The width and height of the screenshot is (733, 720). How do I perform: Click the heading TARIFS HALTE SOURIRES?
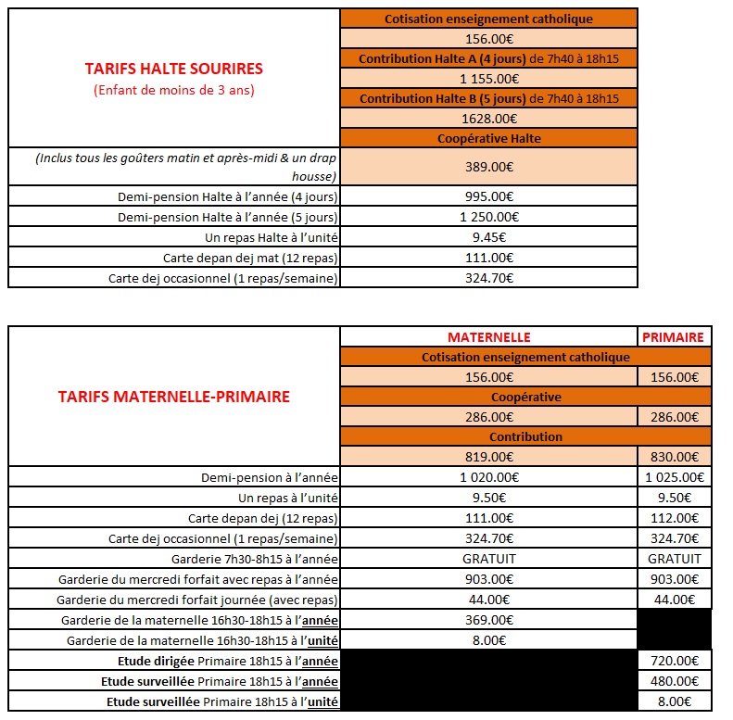pos(173,69)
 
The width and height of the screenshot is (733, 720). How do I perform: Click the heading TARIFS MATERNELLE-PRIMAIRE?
pos(173,397)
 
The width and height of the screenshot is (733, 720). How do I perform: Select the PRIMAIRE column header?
pos(674,337)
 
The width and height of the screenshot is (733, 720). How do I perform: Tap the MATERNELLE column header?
pos(488,337)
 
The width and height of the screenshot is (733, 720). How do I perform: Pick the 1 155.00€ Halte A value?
pos(488,79)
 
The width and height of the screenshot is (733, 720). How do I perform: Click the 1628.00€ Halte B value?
pos(488,118)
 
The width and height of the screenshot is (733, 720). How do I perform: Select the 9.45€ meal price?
pos(488,237)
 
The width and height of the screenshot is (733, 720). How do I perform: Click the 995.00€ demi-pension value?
pos(488,196)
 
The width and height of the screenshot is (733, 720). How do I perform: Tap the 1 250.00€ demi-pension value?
pos(488,217)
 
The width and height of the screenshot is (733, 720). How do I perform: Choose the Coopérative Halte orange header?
pos(488,138)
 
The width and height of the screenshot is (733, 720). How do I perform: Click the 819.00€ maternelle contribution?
pos(488,457)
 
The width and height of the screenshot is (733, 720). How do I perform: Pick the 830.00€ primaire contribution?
pos(674,457)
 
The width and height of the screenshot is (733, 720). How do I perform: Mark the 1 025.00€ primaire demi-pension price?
pos(674,478)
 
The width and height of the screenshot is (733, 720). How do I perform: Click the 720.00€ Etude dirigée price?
pos(674,661)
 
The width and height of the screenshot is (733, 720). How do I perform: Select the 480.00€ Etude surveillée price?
pos(674,681)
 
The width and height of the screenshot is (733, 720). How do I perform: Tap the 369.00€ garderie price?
pos(488,620)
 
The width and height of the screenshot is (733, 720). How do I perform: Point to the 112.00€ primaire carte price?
pos(674,518)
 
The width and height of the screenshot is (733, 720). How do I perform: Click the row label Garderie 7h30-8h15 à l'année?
pos(255,559)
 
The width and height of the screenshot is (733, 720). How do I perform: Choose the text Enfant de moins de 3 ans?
pos(173,90)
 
